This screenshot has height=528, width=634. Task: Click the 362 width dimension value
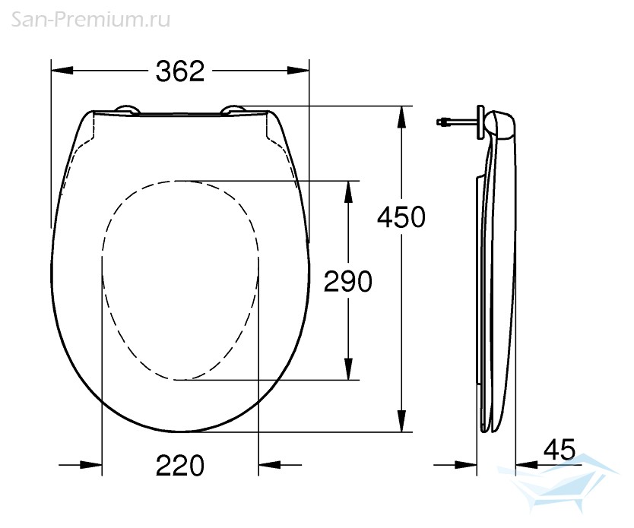tap(180, 71)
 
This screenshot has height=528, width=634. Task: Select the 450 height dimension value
tap(401, 217)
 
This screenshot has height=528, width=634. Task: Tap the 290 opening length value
tap(347, 281)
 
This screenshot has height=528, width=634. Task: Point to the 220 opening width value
tap(180, 466)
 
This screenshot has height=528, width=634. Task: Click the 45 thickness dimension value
tap(560, 449)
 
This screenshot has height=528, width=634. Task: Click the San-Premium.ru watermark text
tap(90, 20)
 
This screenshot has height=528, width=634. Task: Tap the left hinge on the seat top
tap(128, 111)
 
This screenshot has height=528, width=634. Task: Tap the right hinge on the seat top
tap(233, 111)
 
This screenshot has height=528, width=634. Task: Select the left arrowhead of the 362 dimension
tap(62, 71)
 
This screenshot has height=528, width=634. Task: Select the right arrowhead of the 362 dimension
tap(298, 71)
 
